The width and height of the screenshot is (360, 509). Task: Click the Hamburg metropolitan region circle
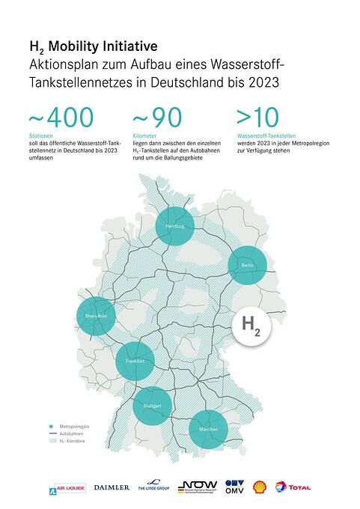[175, 226]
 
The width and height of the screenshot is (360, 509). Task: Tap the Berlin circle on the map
[248, 266]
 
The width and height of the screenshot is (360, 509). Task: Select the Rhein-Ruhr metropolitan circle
[97, 317]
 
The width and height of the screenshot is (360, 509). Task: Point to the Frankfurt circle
[136, 361]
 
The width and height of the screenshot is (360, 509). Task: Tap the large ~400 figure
[61, 118]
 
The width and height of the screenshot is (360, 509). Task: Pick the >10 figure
[257, 118]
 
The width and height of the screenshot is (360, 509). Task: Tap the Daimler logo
[112, 487]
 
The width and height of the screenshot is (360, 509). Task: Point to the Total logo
[293, 487]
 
